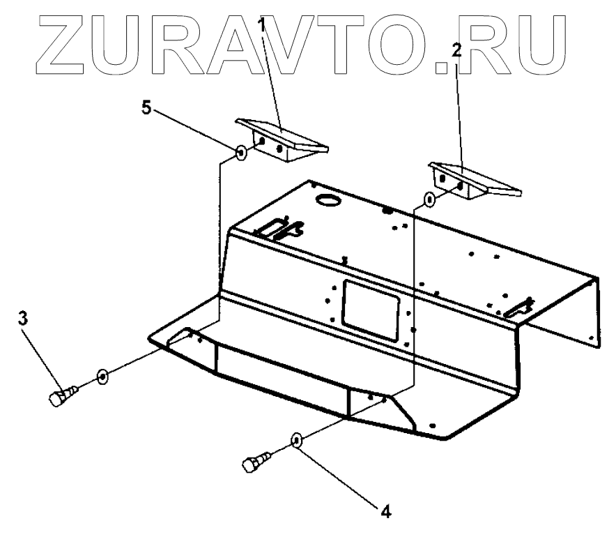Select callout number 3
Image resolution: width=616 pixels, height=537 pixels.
pos(22,319)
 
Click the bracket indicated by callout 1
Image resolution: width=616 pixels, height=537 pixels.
pos(282,139)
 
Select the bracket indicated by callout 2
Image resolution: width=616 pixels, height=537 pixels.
pos(474,180)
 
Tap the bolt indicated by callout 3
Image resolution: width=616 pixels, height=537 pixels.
pos(61,398)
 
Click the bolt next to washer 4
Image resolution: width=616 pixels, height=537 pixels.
pos(254,462)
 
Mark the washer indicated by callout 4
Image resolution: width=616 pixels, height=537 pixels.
pos(297,440)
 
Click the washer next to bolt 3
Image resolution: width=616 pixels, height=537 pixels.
pos(103,377)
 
